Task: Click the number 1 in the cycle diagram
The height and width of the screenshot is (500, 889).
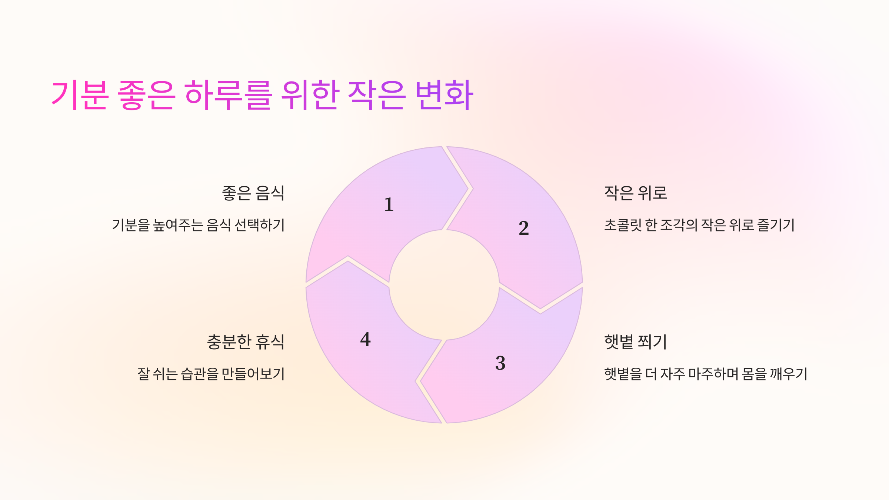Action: pyautogui.click(x=389, y=205)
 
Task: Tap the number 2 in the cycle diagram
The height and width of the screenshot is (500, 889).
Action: pyautogui.click(x=524, y=228)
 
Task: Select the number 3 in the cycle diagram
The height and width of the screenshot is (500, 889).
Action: pyautogui.click(x=500, y=363)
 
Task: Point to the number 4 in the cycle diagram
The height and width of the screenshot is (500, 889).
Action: pyautogui.click(x=365, y=339)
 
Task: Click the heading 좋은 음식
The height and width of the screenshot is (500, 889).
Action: pyautogui.click(x=253, y=193)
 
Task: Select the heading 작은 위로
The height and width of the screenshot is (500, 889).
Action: pyautogui.click(x=636, y=193)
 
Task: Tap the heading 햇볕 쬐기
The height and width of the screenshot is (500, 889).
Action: pyautogui.click(x=636, y=342)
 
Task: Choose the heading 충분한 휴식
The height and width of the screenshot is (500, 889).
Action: pyautogui.click(x=246, y=342)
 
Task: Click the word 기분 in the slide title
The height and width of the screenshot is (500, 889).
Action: pyautogui.click(x=80, y=95)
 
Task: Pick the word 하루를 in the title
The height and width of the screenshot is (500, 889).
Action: pyautogui.click(x=228, y=95)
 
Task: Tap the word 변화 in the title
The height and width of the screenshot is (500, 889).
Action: pyautogui.click(x=444, y=95)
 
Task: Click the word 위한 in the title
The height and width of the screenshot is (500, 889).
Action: pyautogui.click(x=310, y=95)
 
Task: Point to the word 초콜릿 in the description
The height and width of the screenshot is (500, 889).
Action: pyautogui.click(x=623, y=225)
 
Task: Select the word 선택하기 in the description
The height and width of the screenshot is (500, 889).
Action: pyautogui.click(x=260, y=225)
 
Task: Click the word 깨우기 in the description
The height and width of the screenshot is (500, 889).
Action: pyautogui.click(x=789, y=374)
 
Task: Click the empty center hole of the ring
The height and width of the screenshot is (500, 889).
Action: pyautogui.click(x=444, y=285)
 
